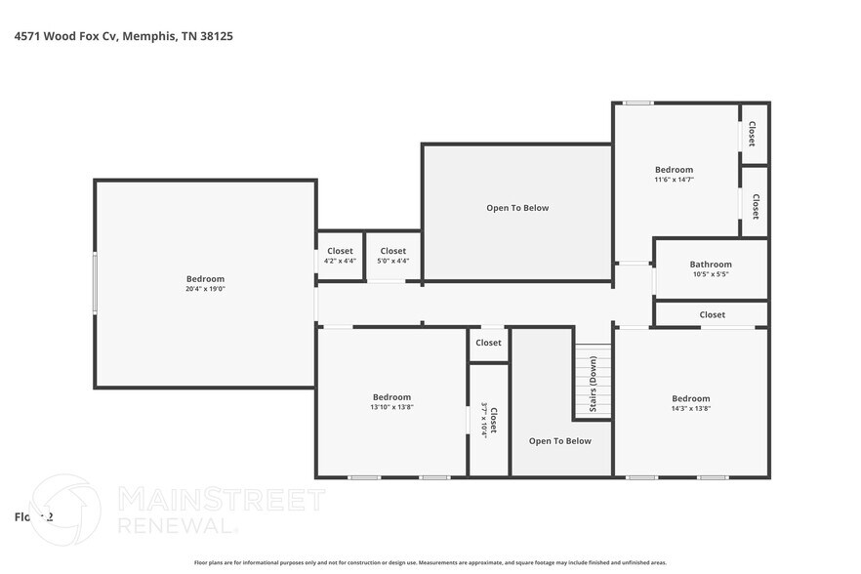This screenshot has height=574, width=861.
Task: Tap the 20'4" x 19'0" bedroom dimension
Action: (x=205, y=290)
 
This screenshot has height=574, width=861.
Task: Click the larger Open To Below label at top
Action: (x=517, y=208)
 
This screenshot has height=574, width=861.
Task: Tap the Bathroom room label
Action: (x=710, y=264)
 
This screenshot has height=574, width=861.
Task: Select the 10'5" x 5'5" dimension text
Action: (x=710, y=274)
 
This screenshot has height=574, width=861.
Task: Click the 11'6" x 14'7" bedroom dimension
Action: (x=674, y=180)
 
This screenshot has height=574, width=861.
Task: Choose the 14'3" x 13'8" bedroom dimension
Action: (x=690, y=408)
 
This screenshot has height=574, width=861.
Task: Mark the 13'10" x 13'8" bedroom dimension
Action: (x=391, y=407)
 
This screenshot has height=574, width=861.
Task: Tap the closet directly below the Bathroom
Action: (x=712, y=314)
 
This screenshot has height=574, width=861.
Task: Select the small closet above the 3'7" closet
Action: (x=488, y=343)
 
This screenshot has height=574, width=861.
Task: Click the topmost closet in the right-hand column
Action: (x=753, y=134)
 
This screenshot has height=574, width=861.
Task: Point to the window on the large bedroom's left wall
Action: (x=95, y=283)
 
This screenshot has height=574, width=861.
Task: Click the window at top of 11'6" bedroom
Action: (x=638, y=103)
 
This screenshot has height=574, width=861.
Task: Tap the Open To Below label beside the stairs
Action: (x=560, y=441)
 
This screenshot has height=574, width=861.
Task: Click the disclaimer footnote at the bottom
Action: (x=430, y=562)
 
